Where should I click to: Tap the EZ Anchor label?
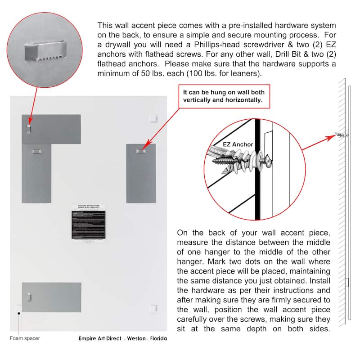[x=238, y=144]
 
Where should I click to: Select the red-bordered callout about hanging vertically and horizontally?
[x=224, y=96]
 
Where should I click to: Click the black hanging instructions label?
[x=92, y=221]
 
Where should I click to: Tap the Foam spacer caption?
[x=25, y=338]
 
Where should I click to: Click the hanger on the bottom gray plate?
[x=30, y=296]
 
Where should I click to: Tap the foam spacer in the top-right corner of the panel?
[x=153, y=118]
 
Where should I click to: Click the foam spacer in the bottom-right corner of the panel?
[x=153, y=308]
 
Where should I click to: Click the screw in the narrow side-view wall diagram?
[x=341, y=134]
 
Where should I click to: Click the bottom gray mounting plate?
[x=51, y=297]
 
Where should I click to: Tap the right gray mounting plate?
[x=141, y=173]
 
